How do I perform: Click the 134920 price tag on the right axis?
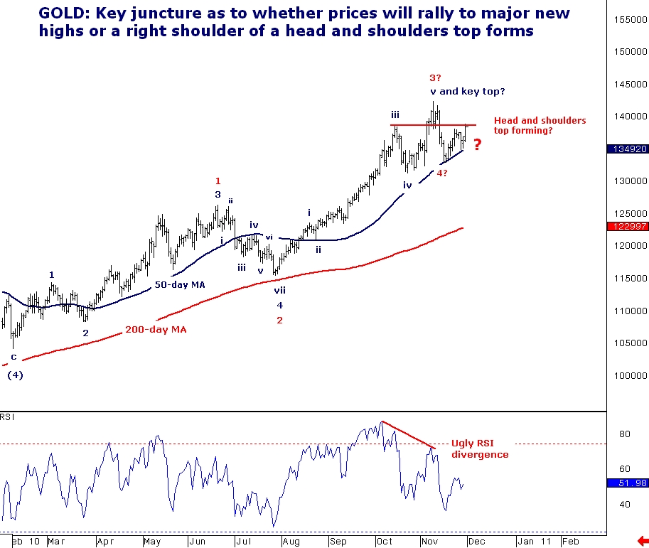pos(628,149)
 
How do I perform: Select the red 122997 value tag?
pos(628,226)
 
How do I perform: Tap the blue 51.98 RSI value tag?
pos(628,483)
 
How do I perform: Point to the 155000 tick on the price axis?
pos(628,19)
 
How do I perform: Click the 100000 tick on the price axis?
pos(628,375)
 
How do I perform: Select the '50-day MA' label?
pos(179,284)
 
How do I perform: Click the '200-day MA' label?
pos(156,330)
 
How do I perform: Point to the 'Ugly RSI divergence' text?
pos(480,449)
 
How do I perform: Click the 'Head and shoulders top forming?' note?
pos(540,126)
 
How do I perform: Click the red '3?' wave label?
pos(435,77)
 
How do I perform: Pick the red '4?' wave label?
pos(441,173)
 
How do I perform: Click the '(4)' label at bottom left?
pos(15,375)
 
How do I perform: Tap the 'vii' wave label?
pos(280,290)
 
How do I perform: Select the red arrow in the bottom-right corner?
pos(643,541)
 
